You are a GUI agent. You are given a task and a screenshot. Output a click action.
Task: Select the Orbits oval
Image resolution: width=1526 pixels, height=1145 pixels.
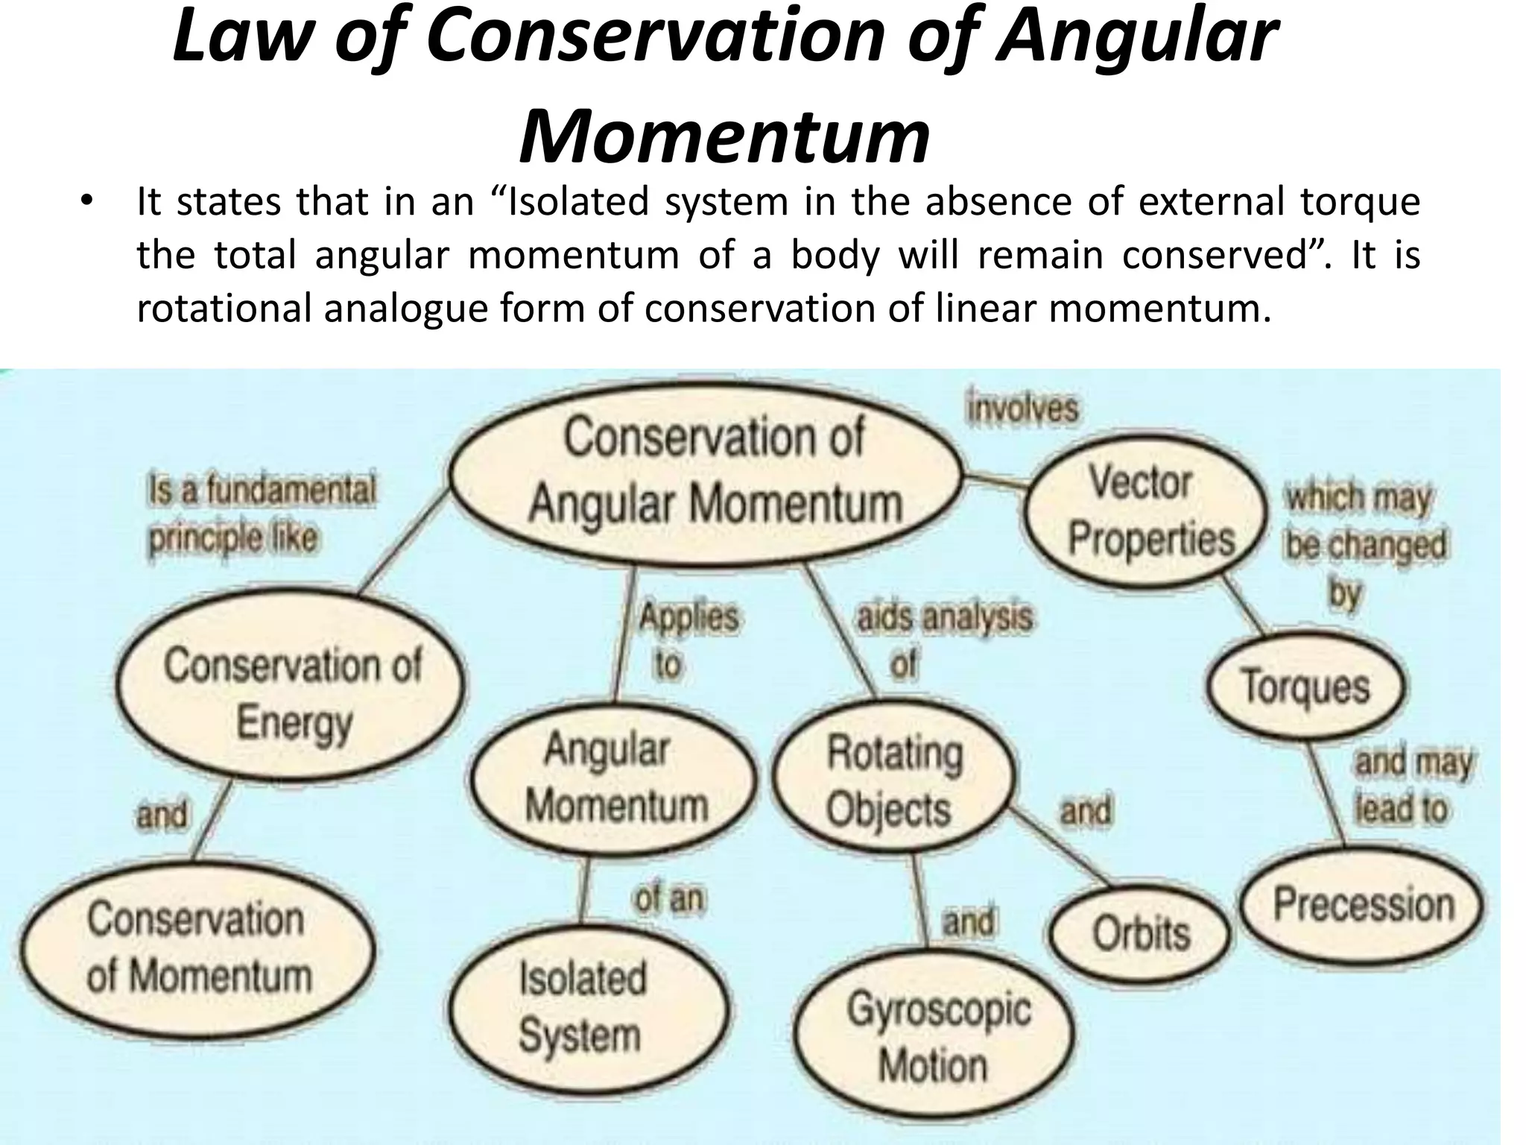point(1141,933)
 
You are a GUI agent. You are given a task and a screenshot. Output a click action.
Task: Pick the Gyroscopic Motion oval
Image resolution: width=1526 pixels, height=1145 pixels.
point(936,1037)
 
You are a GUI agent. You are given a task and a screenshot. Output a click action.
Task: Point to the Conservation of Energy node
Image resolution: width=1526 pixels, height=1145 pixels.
point(292,693)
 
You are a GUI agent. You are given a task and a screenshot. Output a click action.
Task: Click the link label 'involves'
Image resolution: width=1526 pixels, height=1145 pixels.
point(1022,409)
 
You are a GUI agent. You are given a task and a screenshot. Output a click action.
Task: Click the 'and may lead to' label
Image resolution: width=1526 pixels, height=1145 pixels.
point(1411,786)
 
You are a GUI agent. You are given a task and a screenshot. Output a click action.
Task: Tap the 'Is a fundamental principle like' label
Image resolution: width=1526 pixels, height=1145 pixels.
point(261,514)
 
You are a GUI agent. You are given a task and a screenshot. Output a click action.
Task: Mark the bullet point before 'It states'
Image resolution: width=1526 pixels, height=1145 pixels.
point(86,203)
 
